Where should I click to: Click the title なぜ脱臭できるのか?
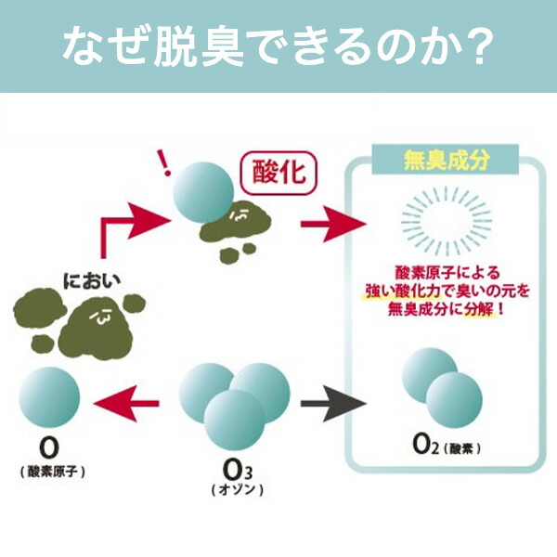[x=278, y=47]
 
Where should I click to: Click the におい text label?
[x=93, y=278]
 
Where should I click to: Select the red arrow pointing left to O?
[x=129, y=403]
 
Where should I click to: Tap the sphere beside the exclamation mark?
[x=206, y=191]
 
